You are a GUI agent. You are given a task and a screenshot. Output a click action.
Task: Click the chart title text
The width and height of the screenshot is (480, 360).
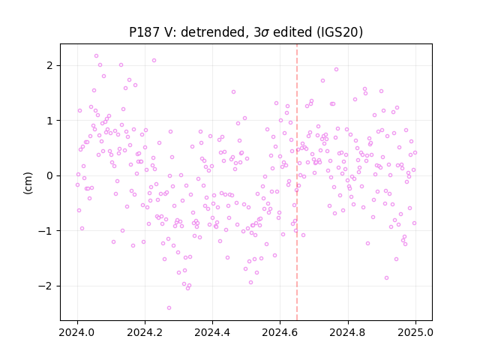246,32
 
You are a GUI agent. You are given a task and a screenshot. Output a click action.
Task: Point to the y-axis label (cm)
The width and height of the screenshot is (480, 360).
28,183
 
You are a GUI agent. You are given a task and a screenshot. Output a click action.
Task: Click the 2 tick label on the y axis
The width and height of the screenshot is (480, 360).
49,65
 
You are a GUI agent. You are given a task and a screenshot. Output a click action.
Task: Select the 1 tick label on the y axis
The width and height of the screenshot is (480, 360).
49,121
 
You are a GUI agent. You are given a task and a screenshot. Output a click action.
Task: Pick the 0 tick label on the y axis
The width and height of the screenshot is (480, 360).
49,175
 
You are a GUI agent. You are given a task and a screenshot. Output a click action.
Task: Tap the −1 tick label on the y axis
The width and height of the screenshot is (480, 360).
46,231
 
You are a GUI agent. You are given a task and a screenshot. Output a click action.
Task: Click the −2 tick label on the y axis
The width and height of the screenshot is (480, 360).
46,286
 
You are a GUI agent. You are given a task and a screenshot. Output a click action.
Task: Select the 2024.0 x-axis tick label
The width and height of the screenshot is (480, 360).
77,332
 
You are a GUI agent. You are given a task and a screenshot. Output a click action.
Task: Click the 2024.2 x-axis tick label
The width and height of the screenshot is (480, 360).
145,332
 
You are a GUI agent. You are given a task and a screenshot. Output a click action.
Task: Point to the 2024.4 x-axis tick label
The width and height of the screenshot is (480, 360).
212,332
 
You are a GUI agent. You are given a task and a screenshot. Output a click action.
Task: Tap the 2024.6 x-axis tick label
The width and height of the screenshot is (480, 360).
280,332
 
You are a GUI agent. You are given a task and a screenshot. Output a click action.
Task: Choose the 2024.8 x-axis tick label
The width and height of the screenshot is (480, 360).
348,332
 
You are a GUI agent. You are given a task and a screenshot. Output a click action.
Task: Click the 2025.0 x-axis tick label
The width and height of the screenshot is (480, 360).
415,332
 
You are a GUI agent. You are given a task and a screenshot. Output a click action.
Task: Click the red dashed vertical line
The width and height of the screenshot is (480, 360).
297,182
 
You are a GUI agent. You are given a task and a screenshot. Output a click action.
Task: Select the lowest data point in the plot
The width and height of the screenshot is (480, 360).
169,307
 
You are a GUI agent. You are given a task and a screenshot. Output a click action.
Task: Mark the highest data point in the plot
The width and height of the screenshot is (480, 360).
97,56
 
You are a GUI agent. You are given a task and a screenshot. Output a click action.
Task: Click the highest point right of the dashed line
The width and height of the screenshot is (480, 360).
336,70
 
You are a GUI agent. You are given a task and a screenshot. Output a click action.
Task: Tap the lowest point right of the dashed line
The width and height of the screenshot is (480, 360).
387,278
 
